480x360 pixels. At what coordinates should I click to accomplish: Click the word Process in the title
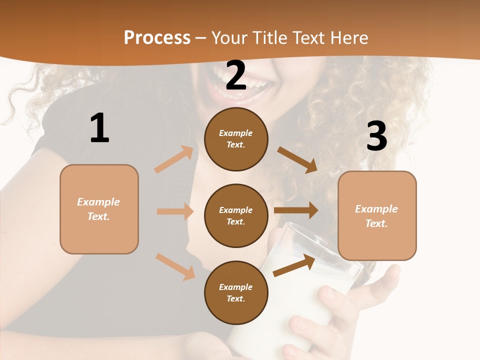pyautogui.click(x=157, y=38)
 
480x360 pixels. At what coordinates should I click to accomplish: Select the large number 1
pyautogui.click(x=99, y=128)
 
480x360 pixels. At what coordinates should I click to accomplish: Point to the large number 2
pyautogui.click(x=236, y=75)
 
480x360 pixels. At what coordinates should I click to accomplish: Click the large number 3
pyautogui.click(x=376, y=136)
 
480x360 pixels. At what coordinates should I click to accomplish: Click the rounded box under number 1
pyautogui.click(x=99, y=209)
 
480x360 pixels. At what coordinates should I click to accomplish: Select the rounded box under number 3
pyautogui.click(x=377, y=215)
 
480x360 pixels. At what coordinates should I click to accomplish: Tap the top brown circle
pyautogui.click(x=236, y=139)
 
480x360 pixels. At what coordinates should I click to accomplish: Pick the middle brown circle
pyautogui.click(x=236, y=215)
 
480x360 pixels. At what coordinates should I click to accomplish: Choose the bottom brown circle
pyautogui.click(x=236, y=292)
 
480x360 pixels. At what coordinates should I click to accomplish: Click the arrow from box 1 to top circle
pyautogui.click(x=174, y=159)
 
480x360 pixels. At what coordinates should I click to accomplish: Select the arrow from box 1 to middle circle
pyautogui.click(x=175, y=211)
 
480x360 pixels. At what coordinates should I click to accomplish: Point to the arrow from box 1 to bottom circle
pyautogui.click(x=175, y=266)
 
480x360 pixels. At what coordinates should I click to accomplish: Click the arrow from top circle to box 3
pyautogui.click(x=297, y=159)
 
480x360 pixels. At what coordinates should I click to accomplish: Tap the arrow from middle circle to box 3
pyautogui.click(x=296, y=210)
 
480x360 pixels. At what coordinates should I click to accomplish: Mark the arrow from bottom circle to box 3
pyautogui.click(x=294, y=265)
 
